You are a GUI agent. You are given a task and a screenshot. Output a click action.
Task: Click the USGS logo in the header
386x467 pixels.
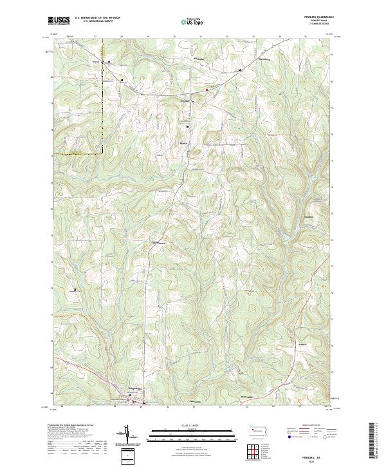(x=59, y=21)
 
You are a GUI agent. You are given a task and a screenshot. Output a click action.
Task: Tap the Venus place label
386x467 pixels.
(x=98, y=62)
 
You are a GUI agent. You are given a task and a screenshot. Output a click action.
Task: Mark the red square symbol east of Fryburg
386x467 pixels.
(x=207, y=90)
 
